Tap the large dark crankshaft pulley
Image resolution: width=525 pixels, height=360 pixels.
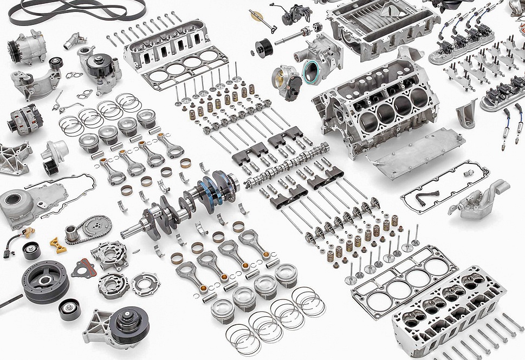(x=46, y=281)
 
